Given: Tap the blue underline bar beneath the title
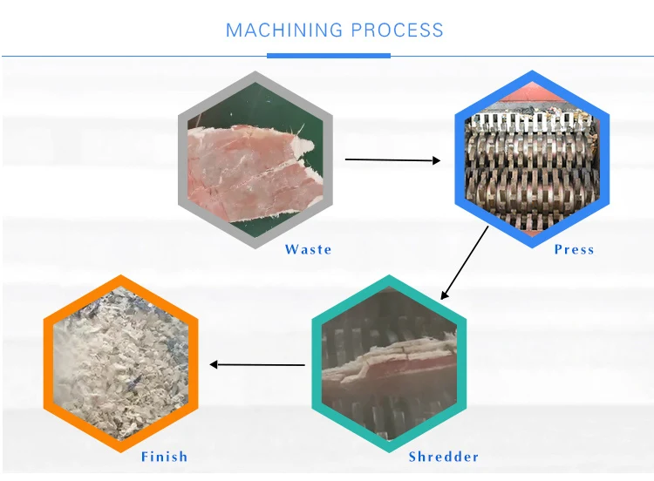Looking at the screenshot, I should pos(328,55).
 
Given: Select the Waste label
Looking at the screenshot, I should pos(308,249).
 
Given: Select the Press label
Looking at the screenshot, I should pos(574,249).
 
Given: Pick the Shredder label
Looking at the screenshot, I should pos(444,456).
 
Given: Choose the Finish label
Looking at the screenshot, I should pos(164,456).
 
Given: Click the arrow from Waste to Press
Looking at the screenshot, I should pos(392,160).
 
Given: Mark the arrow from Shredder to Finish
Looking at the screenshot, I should pos(257,365).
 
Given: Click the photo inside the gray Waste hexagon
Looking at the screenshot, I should pos(255,159).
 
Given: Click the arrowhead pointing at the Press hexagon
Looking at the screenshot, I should pos(435,160).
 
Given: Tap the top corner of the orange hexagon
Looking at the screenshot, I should pos(120,275).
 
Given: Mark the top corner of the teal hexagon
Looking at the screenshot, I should pos(389,275).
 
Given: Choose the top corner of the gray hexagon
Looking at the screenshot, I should pos(255,71).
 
